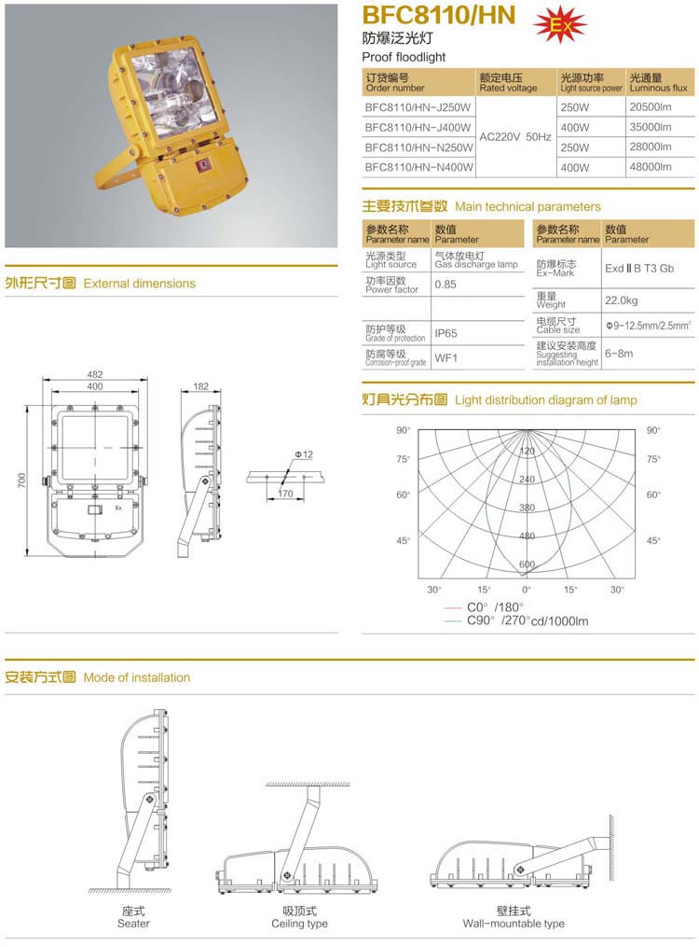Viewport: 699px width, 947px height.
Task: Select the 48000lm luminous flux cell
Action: [x=651, y=167]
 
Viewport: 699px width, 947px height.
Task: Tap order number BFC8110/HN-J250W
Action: [x=419, y=107]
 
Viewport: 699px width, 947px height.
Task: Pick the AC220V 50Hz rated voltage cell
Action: [x=515, y=137]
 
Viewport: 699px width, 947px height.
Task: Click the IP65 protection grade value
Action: [x=445, y=333]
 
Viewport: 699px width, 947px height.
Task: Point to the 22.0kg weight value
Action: [x=622, y=300]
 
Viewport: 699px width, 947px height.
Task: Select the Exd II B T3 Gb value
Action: [x=638, y=268]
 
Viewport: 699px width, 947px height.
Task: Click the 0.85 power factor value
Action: [x=445, y=284]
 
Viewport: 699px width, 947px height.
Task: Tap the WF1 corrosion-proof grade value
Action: [x=446, y=357]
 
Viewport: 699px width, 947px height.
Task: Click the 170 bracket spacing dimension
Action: [x=285, y=494]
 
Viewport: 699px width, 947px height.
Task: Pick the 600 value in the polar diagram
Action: [x=527, y=564]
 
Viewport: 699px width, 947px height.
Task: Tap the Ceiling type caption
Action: [x=299, y=924]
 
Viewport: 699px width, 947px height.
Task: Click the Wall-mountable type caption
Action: [x=514, y=924]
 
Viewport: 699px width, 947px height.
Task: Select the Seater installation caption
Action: [x=133, y=924]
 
